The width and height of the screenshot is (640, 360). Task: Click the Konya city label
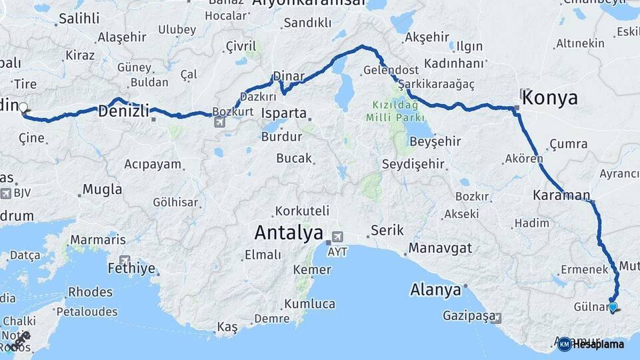coord(550,99)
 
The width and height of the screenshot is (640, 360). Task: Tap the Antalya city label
coord(289,233)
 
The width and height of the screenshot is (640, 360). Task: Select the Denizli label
coord(123,111)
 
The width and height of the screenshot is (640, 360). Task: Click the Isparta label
coord(284,113)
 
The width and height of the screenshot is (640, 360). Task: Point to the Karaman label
coord(561,196)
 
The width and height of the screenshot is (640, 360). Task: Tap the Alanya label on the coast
coord(435,290)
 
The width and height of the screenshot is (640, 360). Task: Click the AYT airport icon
coord(338,237)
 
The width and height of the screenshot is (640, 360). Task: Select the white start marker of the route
coord(23,107)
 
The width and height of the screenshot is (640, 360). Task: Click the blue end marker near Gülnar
coord(613,307)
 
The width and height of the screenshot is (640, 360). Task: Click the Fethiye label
coord(131,269)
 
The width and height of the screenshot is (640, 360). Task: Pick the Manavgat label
coord(440,248)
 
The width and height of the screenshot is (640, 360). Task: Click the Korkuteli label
coord(302,211)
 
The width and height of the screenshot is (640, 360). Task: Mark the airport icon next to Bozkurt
coord(220,121)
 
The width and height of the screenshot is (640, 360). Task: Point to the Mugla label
coord(103,190)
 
